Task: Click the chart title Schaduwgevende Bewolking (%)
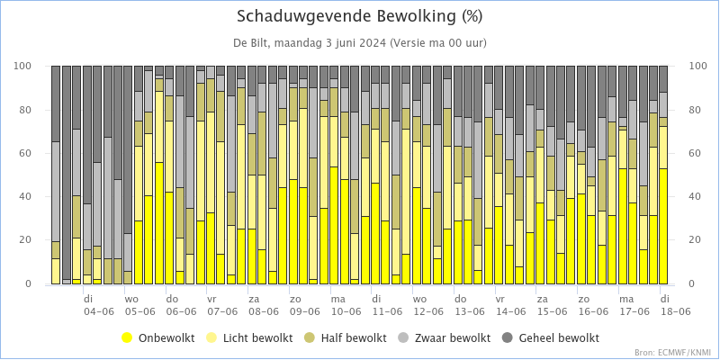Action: click(359, 16)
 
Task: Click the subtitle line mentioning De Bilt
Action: click(359, 43)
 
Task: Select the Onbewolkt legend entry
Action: click(158, 338)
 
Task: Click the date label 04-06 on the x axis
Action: click(99, 311)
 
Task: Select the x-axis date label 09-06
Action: click(305, 311)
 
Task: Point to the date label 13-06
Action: click(470, 311)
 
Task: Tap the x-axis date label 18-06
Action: click(676, 311)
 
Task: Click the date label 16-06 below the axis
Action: click(593, 311)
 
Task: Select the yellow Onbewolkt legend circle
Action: click(127, 338)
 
